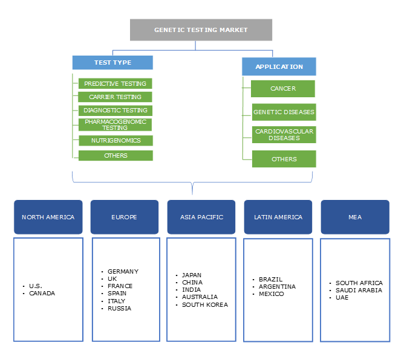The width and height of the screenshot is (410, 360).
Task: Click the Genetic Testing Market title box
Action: (x=201, y=30)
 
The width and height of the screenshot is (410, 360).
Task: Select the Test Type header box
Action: (x=112, y=62)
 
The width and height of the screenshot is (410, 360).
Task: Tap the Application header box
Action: (x=279, y=66)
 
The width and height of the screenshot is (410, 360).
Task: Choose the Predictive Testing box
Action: (x=115, y=83)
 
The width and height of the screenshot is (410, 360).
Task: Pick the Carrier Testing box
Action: (x=115, y=97)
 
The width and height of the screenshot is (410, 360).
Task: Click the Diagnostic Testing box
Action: (x=115, y=111)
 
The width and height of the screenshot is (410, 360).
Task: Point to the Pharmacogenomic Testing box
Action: (x=115, y=124)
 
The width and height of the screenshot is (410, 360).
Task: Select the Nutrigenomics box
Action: (x=115, y=140)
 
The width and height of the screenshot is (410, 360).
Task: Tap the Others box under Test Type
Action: (x=115, y=155)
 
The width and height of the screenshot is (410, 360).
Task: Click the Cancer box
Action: (x=283, y=89)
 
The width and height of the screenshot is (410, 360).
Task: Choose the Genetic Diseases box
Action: (x=284, y=112)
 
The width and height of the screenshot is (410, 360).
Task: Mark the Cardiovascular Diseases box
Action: (x=284, y=135)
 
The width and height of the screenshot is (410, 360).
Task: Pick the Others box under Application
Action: (x=284, y=159)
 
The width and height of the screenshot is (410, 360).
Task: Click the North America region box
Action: (x=48, y=217)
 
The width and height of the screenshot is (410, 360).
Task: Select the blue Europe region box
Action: (x=125, y=217)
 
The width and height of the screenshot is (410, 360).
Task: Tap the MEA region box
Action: (x=354, y=217)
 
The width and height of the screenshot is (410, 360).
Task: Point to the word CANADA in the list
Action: (x=42, y=294)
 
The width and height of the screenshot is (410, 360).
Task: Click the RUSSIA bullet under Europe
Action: (x=119, y=308)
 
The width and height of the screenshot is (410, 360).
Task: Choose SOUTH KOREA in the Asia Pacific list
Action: (x=205, y=304)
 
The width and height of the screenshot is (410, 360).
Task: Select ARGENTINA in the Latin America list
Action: (x=277, y=286)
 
